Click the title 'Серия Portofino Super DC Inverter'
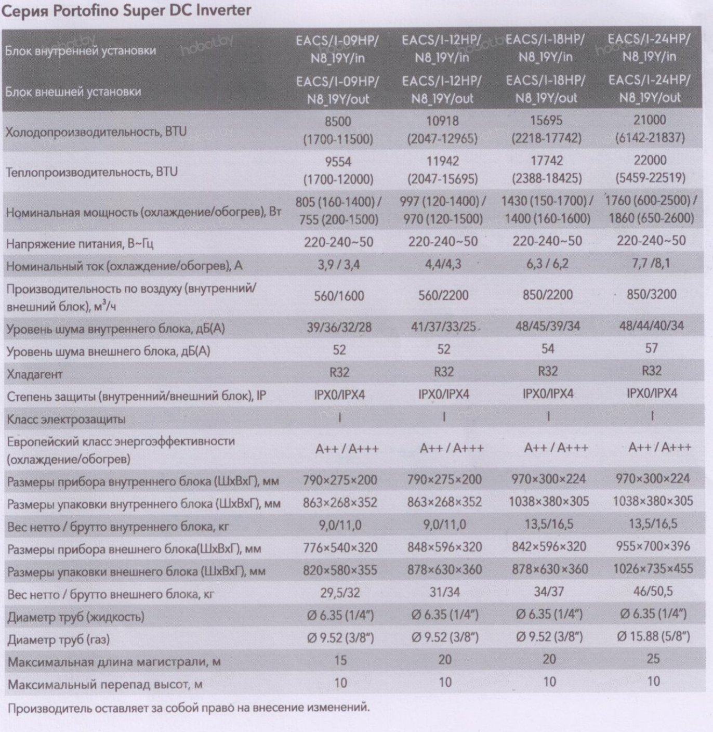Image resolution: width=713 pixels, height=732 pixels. [x=126, y=10]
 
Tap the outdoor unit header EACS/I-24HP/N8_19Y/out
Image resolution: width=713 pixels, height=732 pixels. [x=650, y=89]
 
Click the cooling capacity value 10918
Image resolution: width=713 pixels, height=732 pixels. [x=442, y=121]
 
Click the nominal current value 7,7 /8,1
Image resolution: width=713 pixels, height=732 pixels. [x=651, y=263]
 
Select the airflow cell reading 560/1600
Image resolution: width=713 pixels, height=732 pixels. [x=339, y=296]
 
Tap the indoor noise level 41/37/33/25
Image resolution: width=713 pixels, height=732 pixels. [x=443, y=326]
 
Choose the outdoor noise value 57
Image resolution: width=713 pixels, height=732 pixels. [x=651, y=348]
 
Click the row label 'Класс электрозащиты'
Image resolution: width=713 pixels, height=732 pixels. [x=66, y=419]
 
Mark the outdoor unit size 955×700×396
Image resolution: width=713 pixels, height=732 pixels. [x=653, y=546]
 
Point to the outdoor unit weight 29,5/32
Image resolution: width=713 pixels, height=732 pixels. [x=340, y=593]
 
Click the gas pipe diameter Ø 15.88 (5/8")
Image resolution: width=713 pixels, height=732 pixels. [x=654, y=636]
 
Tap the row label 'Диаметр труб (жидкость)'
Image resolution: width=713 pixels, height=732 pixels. [x=75, y=617]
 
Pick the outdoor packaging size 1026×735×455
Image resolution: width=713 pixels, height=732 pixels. [x=653, y=569]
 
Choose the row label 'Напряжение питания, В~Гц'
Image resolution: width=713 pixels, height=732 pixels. [x=80, y=244]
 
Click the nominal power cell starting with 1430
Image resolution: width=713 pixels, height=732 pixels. [x=547, y=210]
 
